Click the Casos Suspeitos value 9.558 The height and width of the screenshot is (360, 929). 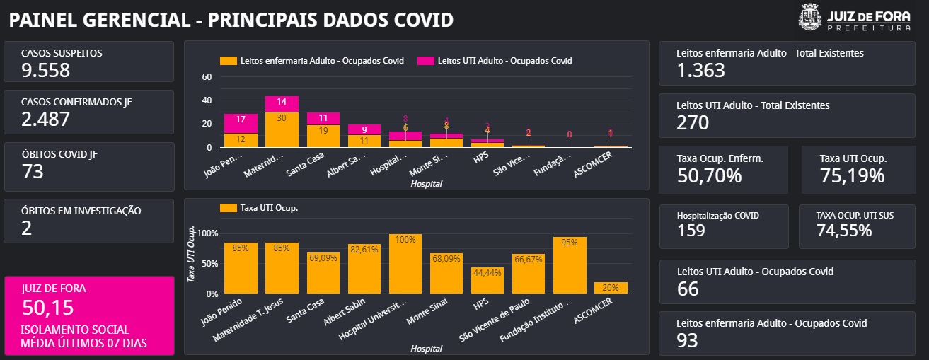click(x=45, y=70)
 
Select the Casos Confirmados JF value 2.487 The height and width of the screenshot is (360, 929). click(x=45, y=119)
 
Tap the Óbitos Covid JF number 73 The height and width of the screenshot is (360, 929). click(x=33, y=171)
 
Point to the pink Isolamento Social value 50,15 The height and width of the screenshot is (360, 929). click(x=47, y=307)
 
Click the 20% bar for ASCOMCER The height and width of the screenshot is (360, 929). click(x=611, y=288)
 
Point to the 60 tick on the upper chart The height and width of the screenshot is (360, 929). click(x=207, y=77)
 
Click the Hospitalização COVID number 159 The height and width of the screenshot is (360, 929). click(x=691, y=231)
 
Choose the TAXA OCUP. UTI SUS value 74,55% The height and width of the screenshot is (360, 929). click(x=845, y=231)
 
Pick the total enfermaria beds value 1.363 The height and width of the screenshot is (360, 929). click(x=700, y=70)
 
